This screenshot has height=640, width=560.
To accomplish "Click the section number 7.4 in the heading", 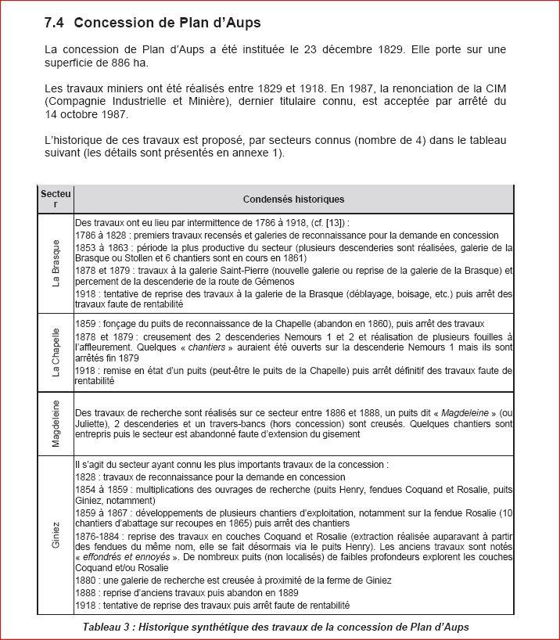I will point(57,23).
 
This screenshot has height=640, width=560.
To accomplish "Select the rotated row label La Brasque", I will point(56,263).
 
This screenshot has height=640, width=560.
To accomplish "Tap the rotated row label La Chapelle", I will point(56,353).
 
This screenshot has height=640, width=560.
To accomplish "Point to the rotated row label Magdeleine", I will point(56,423).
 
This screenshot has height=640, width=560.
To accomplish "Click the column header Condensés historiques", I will point(293,200).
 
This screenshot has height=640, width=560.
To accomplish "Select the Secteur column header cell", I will point(56,199).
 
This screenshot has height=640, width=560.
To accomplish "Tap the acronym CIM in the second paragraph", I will point(492,88).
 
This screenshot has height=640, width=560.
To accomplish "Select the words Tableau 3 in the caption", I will point(109,627).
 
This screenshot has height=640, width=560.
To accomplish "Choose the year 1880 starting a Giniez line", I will point(87,580).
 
